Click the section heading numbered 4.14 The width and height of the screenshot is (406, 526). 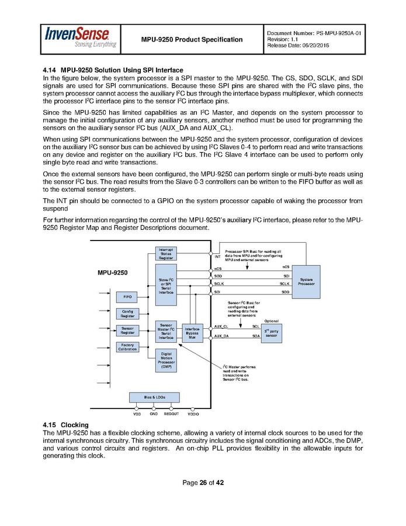point(113,71)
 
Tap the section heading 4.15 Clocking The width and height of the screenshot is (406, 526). point(65,424)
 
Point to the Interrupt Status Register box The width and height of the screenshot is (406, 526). point(166,253)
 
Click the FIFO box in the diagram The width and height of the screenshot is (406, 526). point(127,297)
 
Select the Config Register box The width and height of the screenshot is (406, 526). point(127,314)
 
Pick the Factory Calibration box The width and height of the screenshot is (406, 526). point(127,346)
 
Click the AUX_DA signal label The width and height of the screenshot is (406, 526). point(221,336)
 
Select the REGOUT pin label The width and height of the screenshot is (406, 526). point(171,414)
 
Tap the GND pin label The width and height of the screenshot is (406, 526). point(154,414)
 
